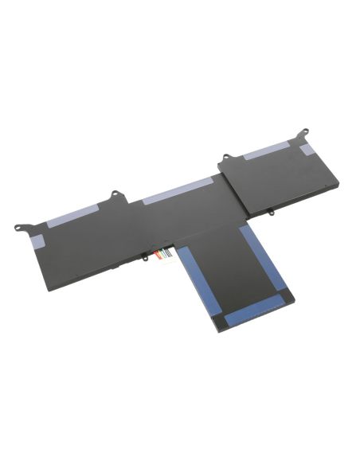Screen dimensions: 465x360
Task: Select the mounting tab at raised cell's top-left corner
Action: (x=225, y=158)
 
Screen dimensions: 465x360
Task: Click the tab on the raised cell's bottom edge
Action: (x=272, y=213)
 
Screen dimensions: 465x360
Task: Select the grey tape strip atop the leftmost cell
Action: (x=72, y=213)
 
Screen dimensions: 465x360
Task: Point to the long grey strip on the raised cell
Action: (x=268, y=148)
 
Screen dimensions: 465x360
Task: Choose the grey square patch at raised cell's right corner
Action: (x=307, y=149)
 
